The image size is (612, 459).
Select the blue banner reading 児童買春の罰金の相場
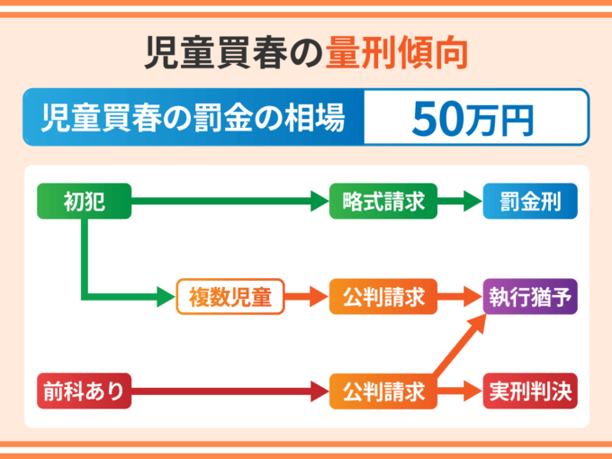193,117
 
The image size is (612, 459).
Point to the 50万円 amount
473,117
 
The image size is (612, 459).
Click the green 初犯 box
85,202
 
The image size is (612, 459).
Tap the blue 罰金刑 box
529,202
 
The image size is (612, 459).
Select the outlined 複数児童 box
229,295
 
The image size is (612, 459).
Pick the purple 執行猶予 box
529,295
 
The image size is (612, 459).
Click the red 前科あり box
85,391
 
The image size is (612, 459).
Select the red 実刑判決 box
529,391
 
